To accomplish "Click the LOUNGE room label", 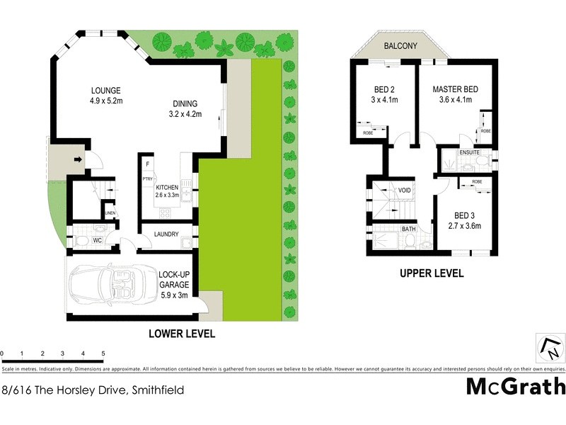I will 105,91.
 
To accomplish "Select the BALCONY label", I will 401,46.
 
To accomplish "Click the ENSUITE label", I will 469,152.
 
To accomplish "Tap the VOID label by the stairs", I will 405,191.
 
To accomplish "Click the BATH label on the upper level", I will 408,229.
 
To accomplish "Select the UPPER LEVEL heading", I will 431,273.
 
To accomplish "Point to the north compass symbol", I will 550,348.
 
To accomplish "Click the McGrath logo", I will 516,386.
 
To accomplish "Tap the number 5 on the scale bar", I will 103,353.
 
